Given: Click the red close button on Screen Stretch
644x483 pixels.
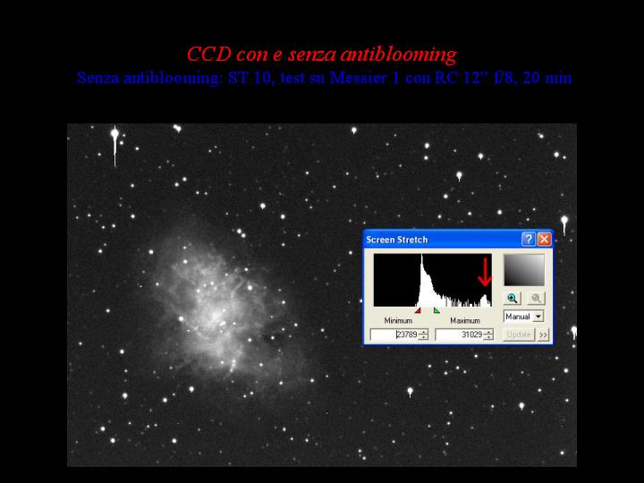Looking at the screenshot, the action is click(544, 239).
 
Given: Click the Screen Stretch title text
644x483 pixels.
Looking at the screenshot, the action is click(397, 240).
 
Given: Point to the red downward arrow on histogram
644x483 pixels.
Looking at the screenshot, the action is click(485, 272).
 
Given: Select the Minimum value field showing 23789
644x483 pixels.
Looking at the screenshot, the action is click(399, 335).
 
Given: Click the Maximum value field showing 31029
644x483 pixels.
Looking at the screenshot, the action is click(464, 335).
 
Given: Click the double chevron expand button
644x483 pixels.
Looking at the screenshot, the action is click(543, 335).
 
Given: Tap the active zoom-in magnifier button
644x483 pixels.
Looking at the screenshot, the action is click(513, 298).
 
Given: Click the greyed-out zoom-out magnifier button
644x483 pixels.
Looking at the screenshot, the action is click(536, 298).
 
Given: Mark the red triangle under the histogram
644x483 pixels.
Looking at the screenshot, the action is click(418, 311).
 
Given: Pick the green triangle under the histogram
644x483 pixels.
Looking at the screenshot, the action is click(436, 311).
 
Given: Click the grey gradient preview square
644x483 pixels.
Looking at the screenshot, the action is click(524, 270).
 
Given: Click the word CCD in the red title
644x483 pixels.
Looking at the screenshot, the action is click(209, 54).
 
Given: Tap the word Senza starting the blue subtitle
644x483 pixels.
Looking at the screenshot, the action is click(97, 78).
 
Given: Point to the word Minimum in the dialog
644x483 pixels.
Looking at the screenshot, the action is click(398, 320).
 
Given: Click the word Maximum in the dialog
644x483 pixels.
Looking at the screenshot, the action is click(465, 320).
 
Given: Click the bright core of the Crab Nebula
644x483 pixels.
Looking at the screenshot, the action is click(215, 316).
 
